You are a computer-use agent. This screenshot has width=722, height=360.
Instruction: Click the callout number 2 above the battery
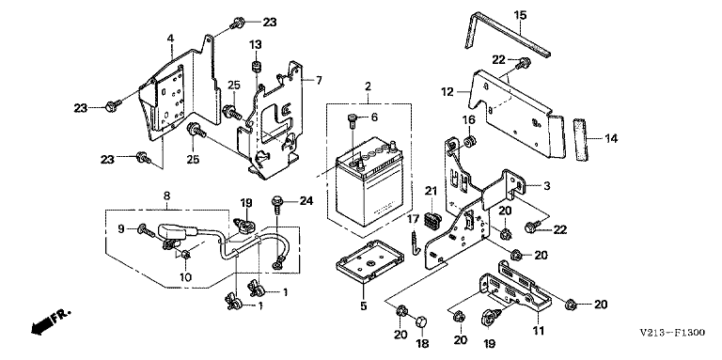pos(368,86)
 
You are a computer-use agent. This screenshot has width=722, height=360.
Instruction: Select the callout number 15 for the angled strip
pos(520,16)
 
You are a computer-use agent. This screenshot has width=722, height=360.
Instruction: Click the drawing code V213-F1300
pos(672,333)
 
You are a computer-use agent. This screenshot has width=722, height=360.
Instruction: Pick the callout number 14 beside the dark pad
pos(611,138)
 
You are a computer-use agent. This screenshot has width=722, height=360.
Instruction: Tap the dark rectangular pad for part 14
pos(581,138)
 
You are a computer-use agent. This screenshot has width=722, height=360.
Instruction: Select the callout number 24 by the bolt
pos(306,201)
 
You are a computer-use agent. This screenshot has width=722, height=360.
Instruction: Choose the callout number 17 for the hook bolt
pos(413,219)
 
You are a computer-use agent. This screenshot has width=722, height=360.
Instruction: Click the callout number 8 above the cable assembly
pos(166,196)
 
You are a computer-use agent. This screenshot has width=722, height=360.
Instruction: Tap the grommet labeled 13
pos(256,67)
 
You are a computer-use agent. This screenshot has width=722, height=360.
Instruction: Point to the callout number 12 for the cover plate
pos(447,92)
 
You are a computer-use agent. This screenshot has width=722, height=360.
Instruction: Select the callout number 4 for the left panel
pos(170,39)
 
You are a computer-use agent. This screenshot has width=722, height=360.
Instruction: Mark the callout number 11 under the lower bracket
pos(539,331)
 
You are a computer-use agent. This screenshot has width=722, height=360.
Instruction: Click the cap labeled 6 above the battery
pos(351,120)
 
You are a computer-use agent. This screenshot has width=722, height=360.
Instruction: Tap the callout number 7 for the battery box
pos(319,81)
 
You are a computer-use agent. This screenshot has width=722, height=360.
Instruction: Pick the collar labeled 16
pos(470,141)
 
